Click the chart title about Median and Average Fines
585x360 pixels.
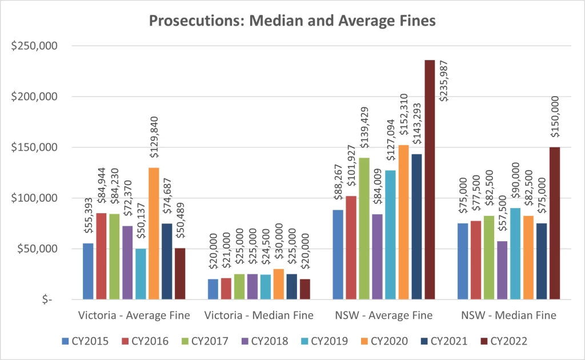pos(292,21)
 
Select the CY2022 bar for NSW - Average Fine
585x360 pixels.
pos(430,179)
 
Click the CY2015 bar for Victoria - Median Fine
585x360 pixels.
pos(213,289)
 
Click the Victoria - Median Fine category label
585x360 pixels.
pos(258,315)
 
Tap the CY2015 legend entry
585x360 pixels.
pos(86,341)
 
